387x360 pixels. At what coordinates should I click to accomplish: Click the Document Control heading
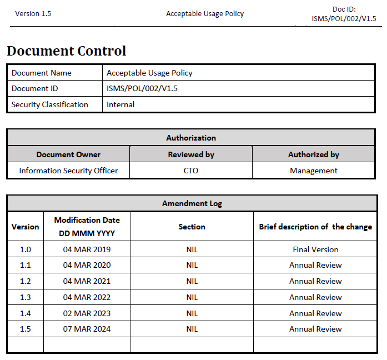click(x=67, y=51)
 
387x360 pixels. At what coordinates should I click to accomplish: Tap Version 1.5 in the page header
click(x=33, y=14)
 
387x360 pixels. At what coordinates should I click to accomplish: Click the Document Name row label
click(x=42, y=73)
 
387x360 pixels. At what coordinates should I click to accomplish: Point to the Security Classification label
click(x=50, y=104)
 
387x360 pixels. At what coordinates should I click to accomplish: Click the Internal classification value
click(x=120, y=104)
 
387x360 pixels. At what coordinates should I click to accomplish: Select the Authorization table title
click(x=191, y=138)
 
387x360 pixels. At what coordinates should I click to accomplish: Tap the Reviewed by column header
click(x=191, y=154)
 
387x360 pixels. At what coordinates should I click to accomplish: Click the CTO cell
click(x=191, y=171)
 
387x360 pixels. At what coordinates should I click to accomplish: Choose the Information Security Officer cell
click(x=68, y=171)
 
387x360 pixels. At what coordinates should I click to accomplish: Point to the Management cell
click(x=314, y=171)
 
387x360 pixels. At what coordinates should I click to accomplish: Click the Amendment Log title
click(x=192, y=203)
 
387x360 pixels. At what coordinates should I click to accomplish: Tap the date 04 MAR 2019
click(x=87, y=249)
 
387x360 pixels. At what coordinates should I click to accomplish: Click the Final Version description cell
click(x=315, y=249)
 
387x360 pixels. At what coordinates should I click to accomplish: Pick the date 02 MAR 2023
click(x=87, y=313)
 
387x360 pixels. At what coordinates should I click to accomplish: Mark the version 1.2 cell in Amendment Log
click(x=26, y=281)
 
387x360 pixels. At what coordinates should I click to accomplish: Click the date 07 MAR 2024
click(x=87, y=329)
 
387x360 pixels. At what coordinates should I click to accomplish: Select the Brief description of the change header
click(x=315, y=227)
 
